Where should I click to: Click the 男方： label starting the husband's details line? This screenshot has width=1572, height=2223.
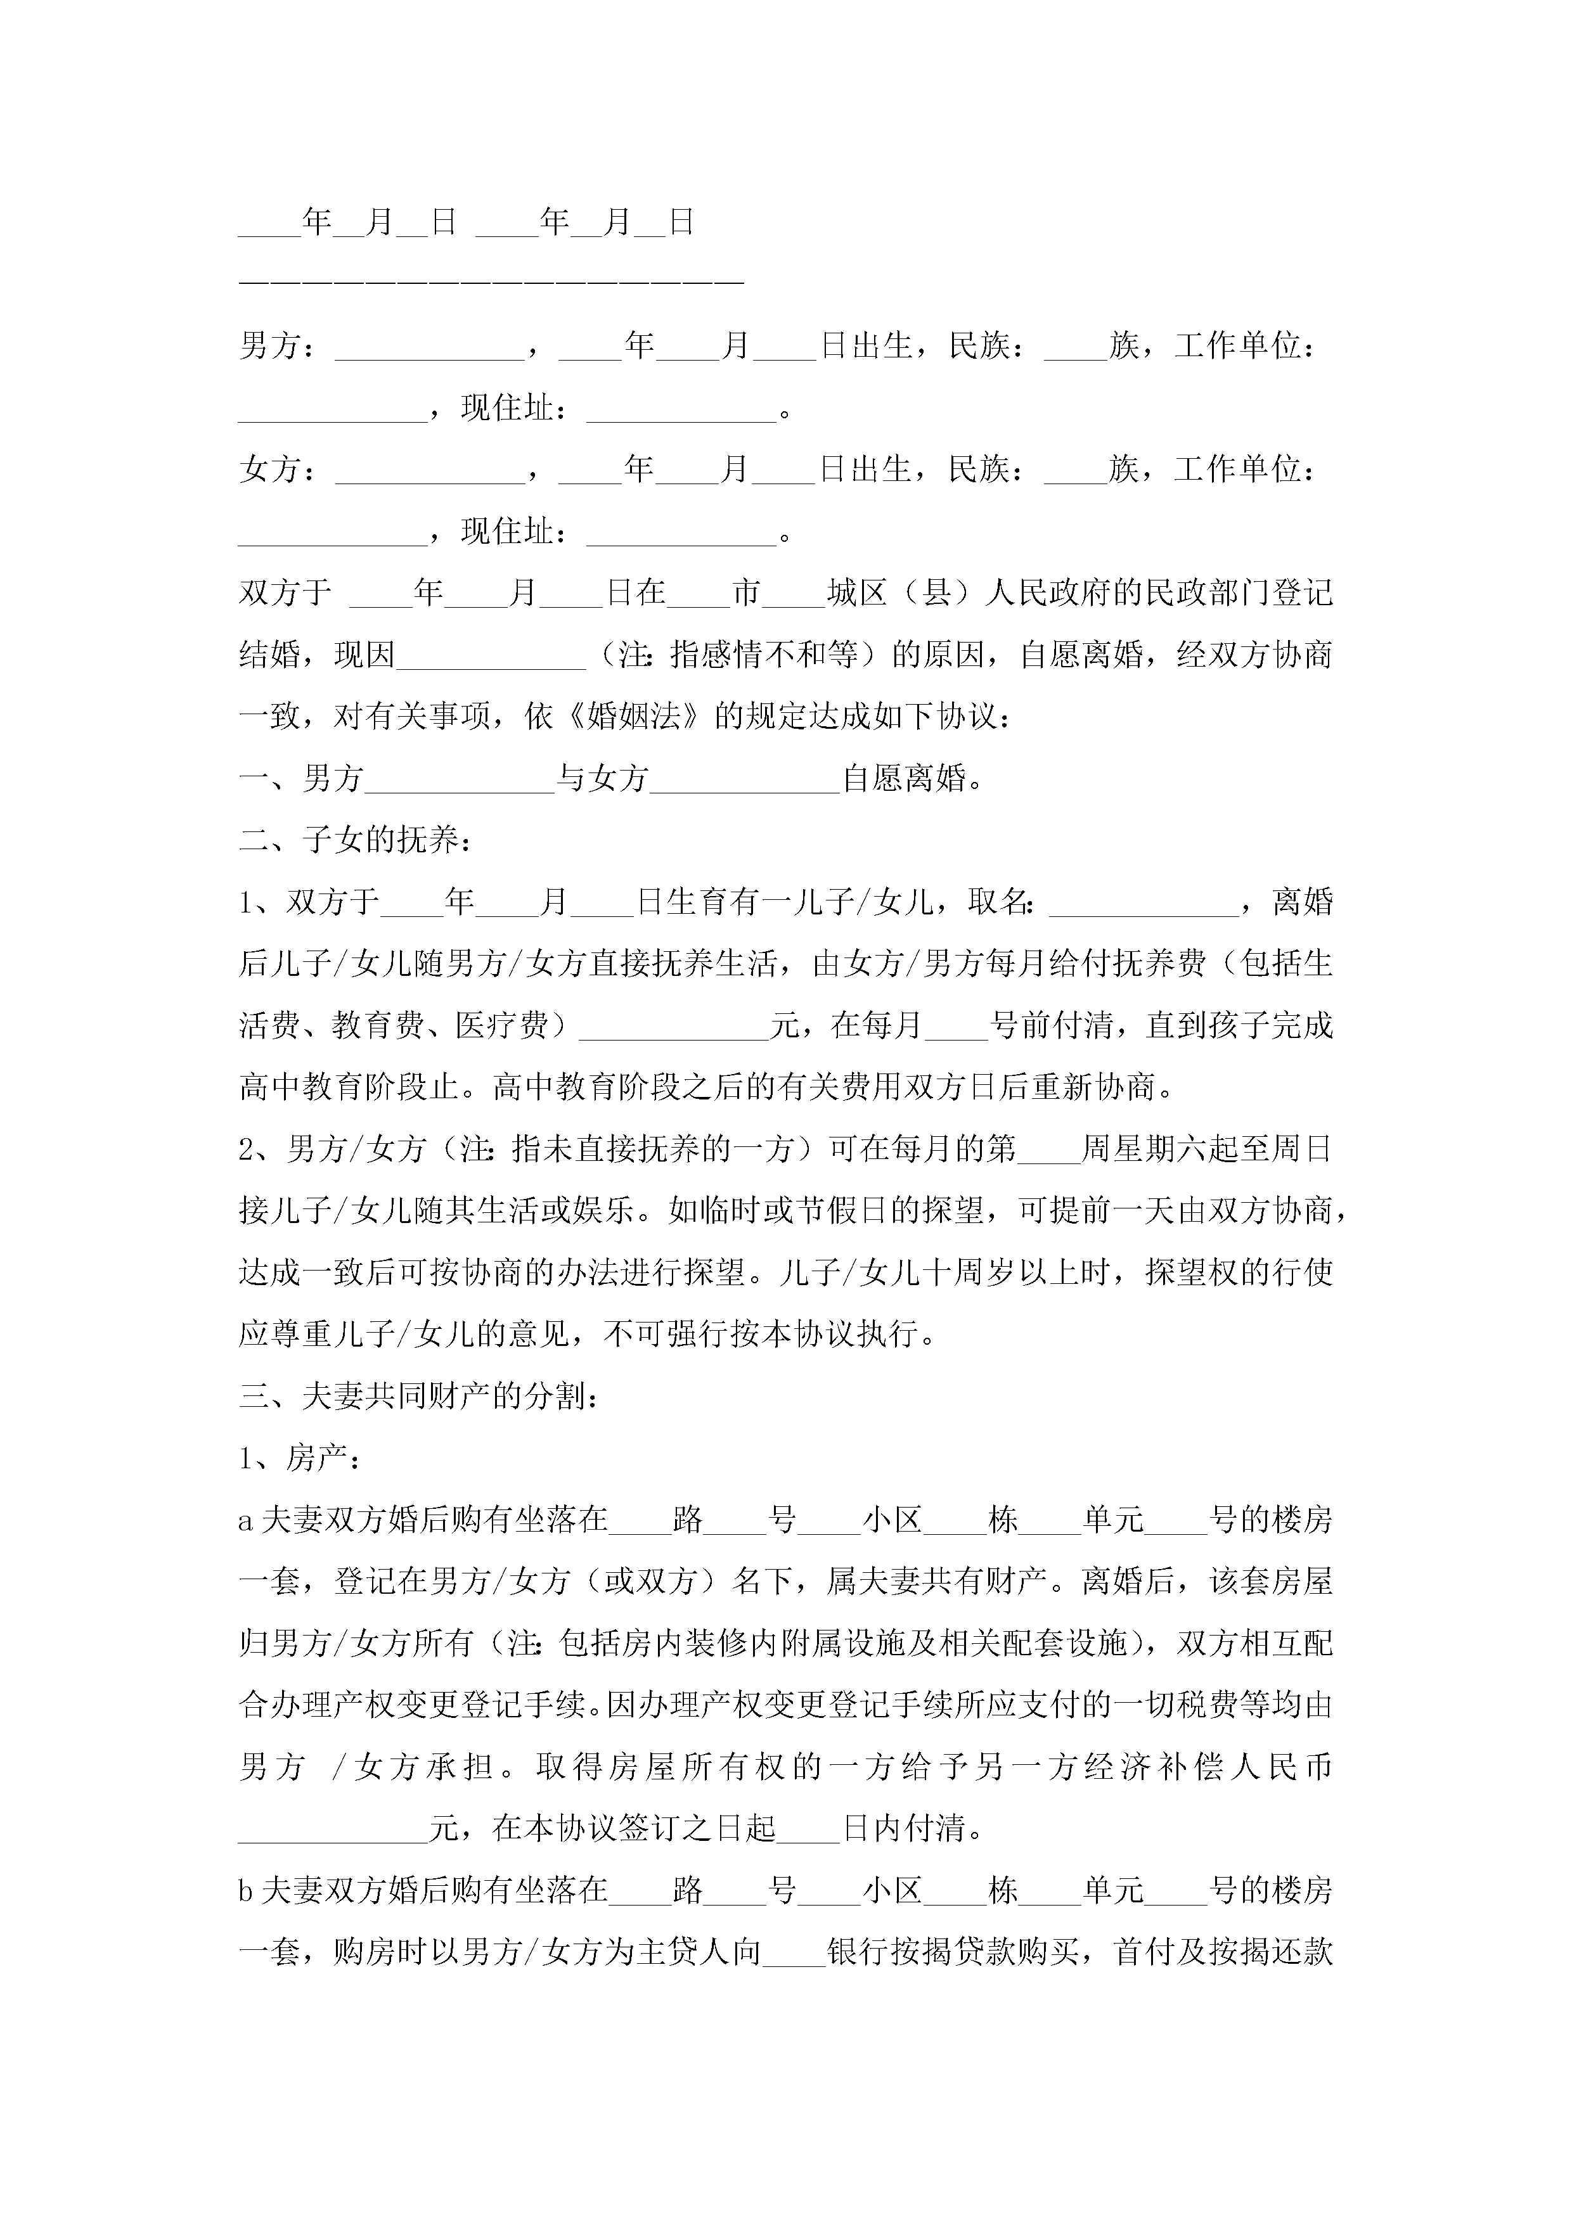coord(276,345)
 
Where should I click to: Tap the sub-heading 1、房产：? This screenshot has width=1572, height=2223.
coord(299,1458)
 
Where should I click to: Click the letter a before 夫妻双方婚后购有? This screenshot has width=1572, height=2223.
coord(246,1521)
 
